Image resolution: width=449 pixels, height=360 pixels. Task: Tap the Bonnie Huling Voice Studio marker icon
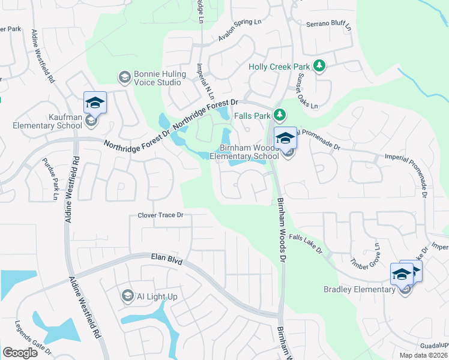[125, 76]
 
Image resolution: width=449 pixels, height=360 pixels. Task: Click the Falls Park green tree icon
[279, 114]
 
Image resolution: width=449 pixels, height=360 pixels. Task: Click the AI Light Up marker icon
[127, 295]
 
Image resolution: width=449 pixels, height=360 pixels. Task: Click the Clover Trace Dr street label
[160, 215]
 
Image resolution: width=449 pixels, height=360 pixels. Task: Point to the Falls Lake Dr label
[306, 243]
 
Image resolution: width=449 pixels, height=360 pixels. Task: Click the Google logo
[20, 352]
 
